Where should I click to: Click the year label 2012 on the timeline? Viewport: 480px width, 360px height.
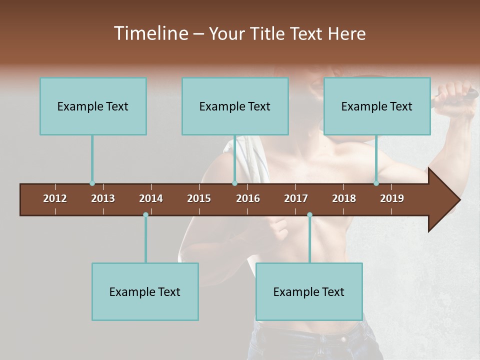coord(55,198)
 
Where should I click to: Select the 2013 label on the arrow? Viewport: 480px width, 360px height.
coord(103,198)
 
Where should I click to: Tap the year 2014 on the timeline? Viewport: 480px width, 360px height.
coord(151,198)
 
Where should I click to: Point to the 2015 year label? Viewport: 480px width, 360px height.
coord(199,198)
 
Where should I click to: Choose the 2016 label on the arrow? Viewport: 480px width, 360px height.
coord(248,198)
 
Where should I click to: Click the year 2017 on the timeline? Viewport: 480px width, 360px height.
coord(296,198)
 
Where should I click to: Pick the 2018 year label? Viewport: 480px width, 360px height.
coord(344,198)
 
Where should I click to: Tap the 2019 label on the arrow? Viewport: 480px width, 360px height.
coord(392,198)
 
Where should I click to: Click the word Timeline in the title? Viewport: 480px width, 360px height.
coord(150,33)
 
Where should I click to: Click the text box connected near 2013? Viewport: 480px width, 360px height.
coord(93,106)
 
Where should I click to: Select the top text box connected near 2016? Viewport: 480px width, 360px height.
coord(235,106)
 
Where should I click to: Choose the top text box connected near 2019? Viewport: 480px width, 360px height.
coord(377,106)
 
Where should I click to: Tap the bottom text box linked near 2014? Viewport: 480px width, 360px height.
coord(145,291)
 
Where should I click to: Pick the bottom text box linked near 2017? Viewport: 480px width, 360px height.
coord(309,291)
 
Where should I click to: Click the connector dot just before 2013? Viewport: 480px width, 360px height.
coord(92,183)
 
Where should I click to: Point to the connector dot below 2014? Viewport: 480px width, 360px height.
coord(145,215)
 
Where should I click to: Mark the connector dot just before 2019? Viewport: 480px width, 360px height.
coord(376,183)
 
